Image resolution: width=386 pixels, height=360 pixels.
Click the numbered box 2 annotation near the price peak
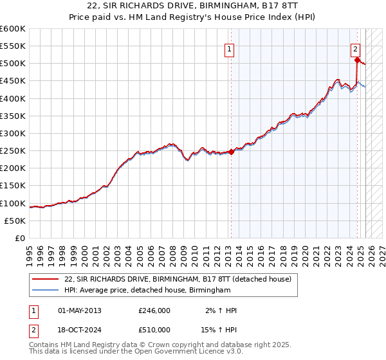point(356,47)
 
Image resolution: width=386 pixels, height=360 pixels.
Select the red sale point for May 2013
point(231,152)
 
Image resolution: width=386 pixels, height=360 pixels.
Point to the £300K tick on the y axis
point(13,133)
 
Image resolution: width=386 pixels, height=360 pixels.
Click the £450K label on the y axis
point(13,81)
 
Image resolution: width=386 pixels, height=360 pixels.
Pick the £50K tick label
point(15,221)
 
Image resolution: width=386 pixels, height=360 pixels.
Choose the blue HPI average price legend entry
point(147,291)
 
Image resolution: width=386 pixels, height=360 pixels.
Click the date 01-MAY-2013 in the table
point(80,310)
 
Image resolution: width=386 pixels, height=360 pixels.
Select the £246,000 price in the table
point(154,310)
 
